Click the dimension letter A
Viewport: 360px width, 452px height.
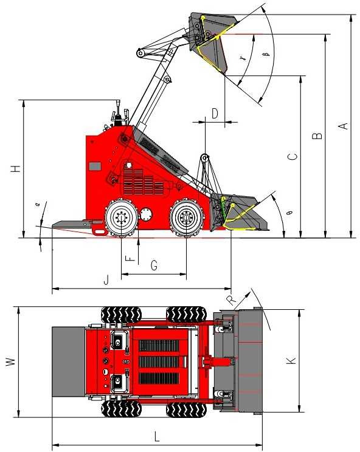click(343, 126)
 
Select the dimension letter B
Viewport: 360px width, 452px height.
click(317, 136)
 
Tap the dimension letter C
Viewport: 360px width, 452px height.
click(292, 157)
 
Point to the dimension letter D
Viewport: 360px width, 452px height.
click(215, 112)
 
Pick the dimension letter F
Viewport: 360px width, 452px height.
click(129, 258)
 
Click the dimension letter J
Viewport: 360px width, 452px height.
click(106, 280)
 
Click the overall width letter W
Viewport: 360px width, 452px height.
click(10, 362)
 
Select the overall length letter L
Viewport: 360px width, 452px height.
click(157, 436)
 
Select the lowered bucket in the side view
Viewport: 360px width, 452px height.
click(240, 213)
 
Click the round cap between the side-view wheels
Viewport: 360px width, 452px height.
click(147, 215)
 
